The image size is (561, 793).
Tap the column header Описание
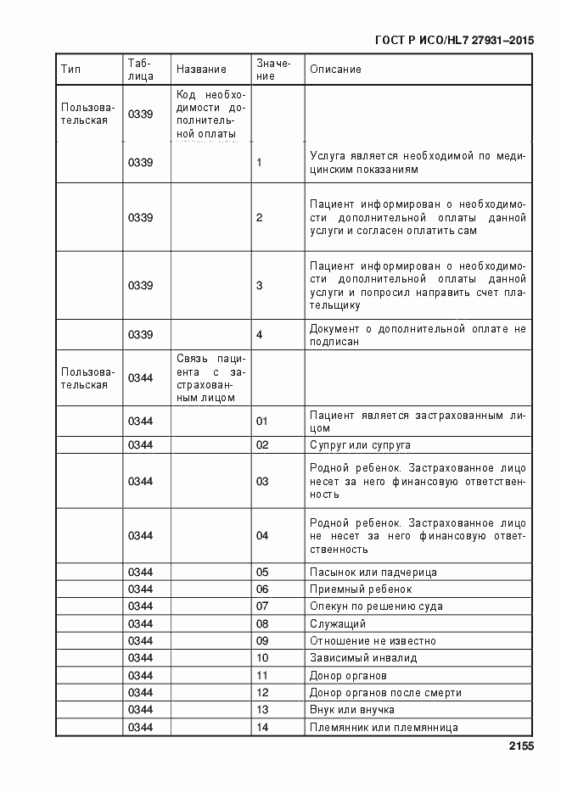(335, 70)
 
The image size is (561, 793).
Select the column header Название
(201, 70)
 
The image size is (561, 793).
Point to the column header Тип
(70, 70)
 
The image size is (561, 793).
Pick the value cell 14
(261, 728)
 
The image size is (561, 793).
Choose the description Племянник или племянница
(384, 728)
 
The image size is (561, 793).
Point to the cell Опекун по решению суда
(376, 606)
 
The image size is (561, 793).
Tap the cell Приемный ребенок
(361, 589)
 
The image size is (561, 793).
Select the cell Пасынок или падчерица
(373, 572)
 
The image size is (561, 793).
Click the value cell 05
(261, 572)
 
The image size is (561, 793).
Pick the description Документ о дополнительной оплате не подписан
(418, 335)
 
